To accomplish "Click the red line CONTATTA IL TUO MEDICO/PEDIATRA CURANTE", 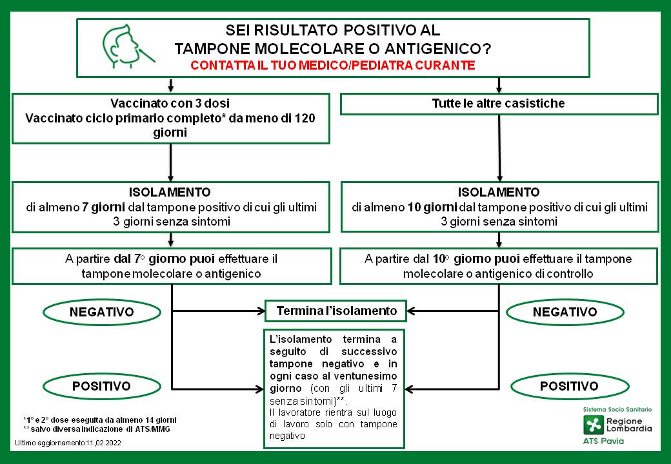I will [x=333, y=65].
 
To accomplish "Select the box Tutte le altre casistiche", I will [x=499, y=104].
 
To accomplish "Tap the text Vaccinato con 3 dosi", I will [x=170, y=104].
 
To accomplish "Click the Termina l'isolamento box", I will [x=336, y=311].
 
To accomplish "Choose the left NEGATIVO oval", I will [x=101, y=312].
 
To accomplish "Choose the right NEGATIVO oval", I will [x=565, y=312].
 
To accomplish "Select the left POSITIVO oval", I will [x=101, y=386].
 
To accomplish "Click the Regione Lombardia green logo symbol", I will [x=592, y=424].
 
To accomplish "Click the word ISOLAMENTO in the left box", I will [x=170, y=193].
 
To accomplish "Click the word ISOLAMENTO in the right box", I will [x=499, y=193].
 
